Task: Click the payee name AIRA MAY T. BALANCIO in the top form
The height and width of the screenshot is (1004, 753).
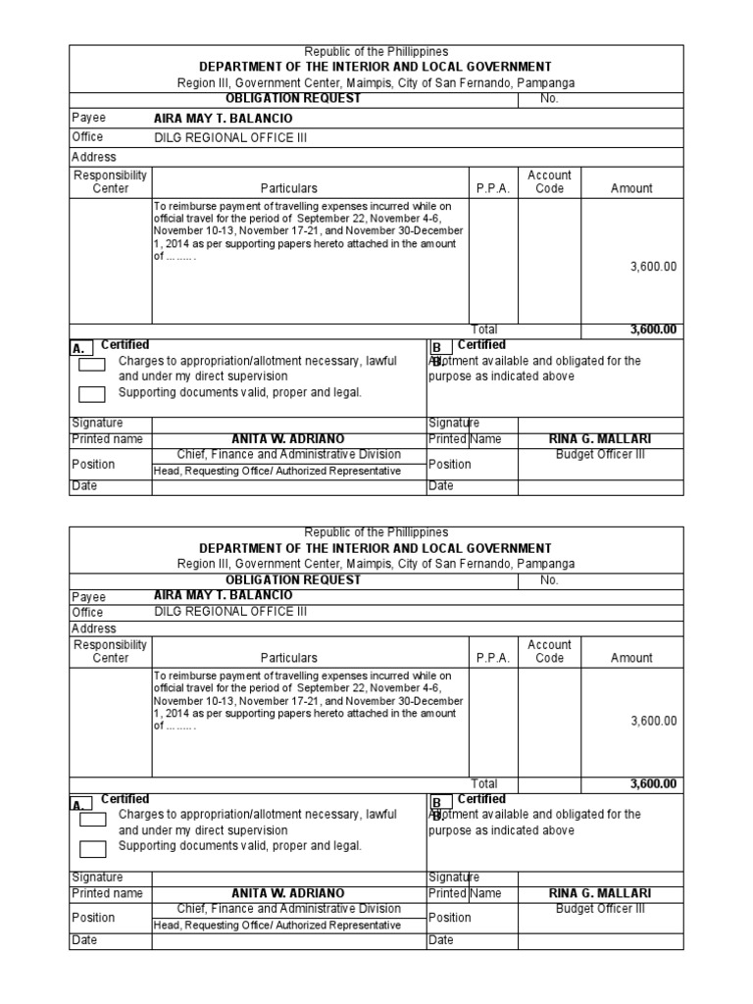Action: (x=224, y=118)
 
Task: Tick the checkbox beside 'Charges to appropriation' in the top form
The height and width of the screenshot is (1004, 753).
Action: (x=92, y=365)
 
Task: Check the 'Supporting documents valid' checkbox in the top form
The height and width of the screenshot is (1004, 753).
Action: (x=92, y=395)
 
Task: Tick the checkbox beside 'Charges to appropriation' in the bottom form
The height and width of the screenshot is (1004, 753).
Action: (x=92, y=819)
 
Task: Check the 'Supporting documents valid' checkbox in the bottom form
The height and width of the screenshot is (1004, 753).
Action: (x=92, y=849)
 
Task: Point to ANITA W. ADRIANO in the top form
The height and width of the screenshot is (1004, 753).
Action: (x=288, y=439)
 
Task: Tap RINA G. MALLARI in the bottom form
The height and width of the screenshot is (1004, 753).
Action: (x=600, y=894)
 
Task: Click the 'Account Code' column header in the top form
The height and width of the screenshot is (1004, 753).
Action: (x=549, y=181)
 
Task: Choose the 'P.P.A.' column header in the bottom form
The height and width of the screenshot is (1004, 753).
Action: (x=493, y=659)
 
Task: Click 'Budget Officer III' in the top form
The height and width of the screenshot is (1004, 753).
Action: (x=600, y=455)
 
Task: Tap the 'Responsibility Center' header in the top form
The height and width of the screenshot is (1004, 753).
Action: (x=110, y=181)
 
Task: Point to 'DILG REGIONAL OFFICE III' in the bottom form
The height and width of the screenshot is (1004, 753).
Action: (x=230, y=612)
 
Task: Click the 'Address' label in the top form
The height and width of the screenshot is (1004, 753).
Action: (x=94, y=157)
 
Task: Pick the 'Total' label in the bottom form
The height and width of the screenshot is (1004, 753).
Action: (x=484, y=784)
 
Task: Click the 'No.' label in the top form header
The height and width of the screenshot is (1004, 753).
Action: (x=549, y=98)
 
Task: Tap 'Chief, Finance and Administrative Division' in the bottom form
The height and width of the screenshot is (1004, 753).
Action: (x=288, y=909)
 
